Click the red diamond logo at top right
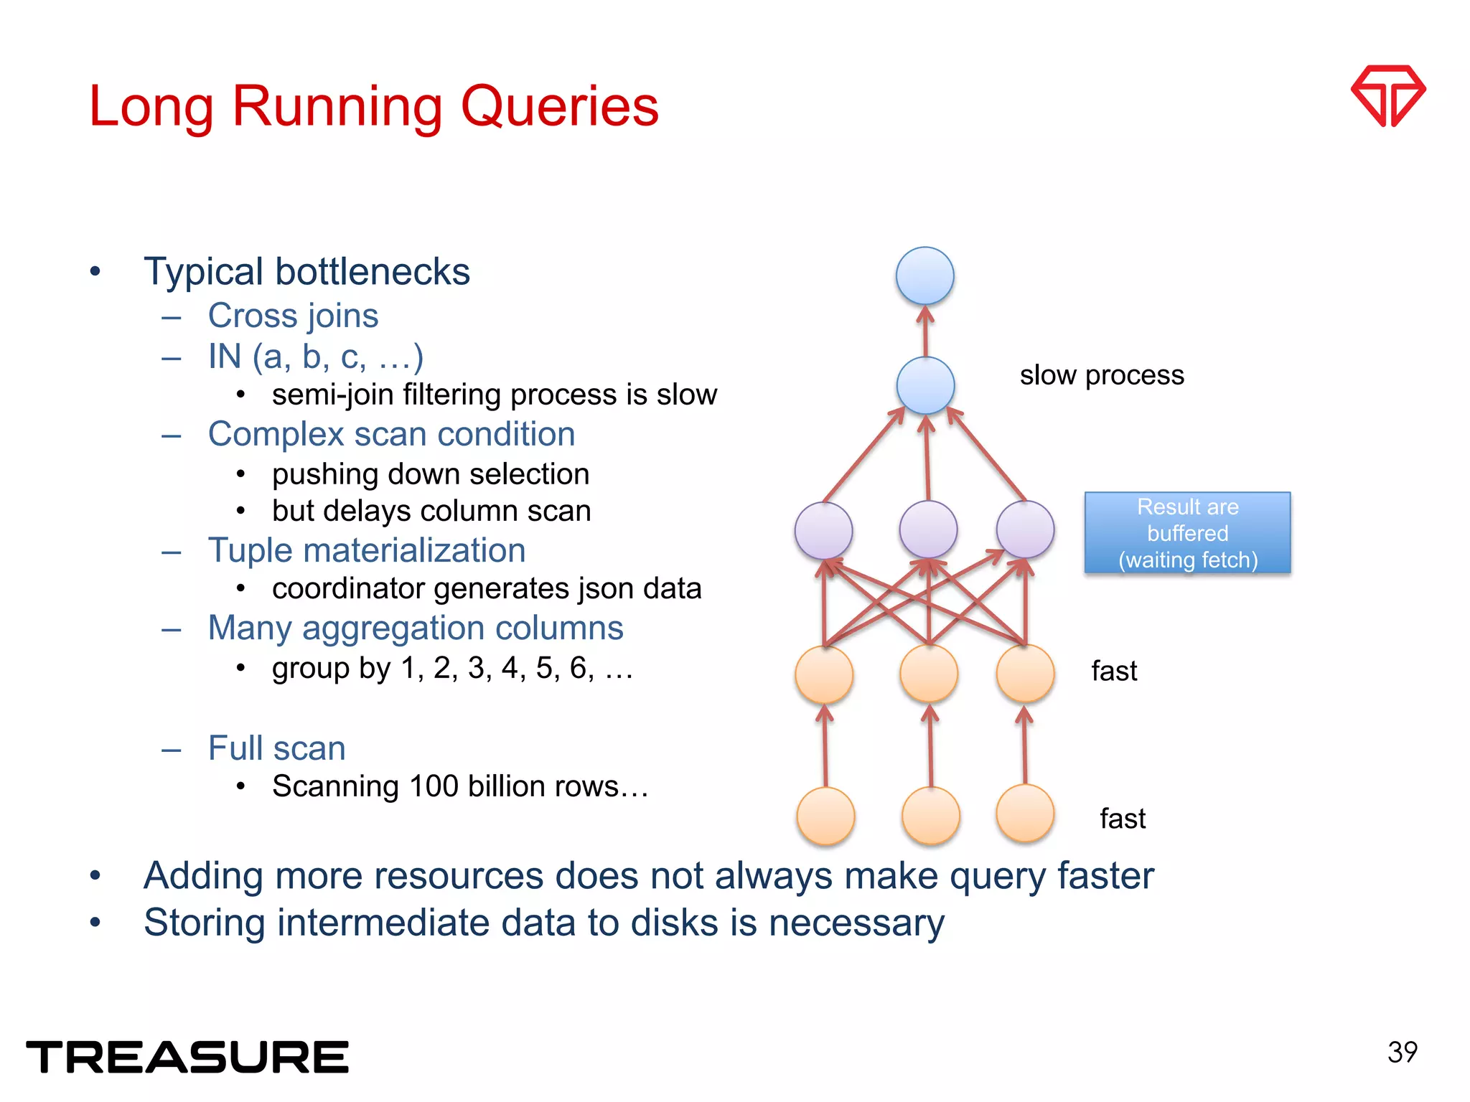pos(1387,95)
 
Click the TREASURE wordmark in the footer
pos(187,1057)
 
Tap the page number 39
pos(1402,1052)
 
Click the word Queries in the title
pos(559,106)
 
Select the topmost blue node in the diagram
pos(924,275)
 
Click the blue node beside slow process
pos(925,385)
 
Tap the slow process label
pos(1101,375)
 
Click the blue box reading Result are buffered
pos(1187,533)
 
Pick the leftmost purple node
pos(823,530)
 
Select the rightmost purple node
pos(1025,529)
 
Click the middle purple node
pos(927,529)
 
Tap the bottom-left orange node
pos(825,816)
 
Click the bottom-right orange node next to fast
pos(1025,814)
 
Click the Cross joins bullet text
pos(293,316)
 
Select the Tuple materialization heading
pos(366,550)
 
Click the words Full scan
pos(276,748)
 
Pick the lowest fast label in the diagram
pos(1122,819)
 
